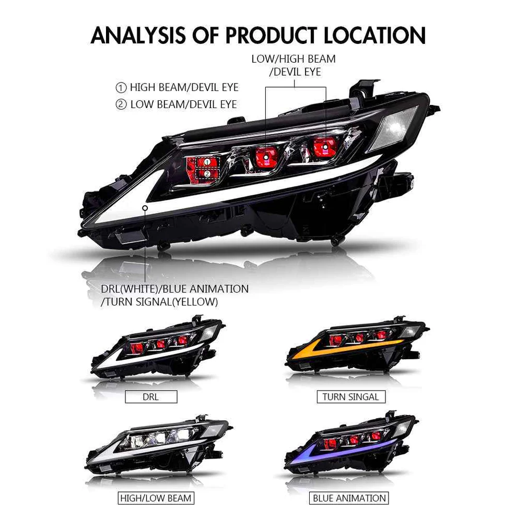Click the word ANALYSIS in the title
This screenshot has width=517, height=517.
coord(138,36)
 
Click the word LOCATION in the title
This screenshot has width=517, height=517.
coord(375,36)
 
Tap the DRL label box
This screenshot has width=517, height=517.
coord(151,397)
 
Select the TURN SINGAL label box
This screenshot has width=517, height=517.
coord(351,397)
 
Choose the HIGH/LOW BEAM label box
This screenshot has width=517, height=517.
coord(156,498)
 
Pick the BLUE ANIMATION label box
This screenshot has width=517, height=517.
coord(349,498)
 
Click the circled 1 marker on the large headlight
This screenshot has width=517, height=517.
coord(207,162)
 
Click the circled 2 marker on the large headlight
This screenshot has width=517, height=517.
coord(207,174)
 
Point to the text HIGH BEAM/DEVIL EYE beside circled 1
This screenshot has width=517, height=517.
coord(184,87)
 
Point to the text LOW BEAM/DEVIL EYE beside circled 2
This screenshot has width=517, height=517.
coord(184,104)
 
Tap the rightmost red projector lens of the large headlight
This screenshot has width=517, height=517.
coord(325,147)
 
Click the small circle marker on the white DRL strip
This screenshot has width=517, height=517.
coord(145,208)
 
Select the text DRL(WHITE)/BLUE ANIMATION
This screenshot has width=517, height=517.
coord(175,289)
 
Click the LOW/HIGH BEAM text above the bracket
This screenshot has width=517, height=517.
coord(293,59)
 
